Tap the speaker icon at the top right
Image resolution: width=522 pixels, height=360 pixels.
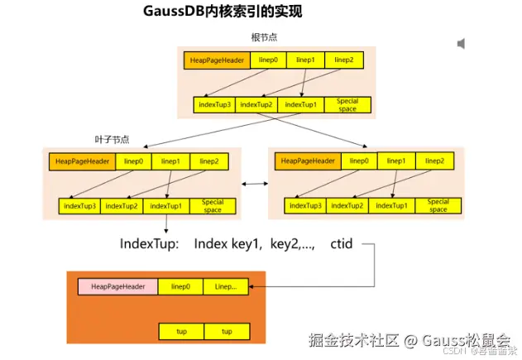(x=461, y=43)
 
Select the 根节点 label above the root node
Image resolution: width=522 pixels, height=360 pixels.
(x=265, y=38)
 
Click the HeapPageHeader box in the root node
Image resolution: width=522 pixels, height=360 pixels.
(x=215, y=60)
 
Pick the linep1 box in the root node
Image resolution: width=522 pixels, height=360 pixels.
(x=305, y=60)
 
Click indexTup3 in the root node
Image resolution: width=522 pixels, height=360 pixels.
(x=215, y=105)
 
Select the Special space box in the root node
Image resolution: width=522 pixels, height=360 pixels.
(x=347, y=105)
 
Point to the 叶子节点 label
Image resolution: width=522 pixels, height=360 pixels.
(x=112, y=139)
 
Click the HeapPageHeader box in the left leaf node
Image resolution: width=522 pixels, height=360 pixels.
(x=81, y=161)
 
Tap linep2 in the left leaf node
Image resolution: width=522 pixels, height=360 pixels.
(x=210, y=161)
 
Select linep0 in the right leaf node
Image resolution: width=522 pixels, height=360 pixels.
(x=359, y=161)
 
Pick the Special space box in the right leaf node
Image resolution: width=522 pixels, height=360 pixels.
(x=438, y=205)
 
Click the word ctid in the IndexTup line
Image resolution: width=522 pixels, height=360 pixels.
(x=342, y=245)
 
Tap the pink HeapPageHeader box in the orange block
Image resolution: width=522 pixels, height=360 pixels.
(x=117, y=287)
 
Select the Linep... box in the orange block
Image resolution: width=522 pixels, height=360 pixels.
(x=226, y=287)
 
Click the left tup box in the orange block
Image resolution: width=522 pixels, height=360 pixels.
(x=181, y=331)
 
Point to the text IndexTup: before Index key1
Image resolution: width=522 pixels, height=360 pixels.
(x=148, y=245)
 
